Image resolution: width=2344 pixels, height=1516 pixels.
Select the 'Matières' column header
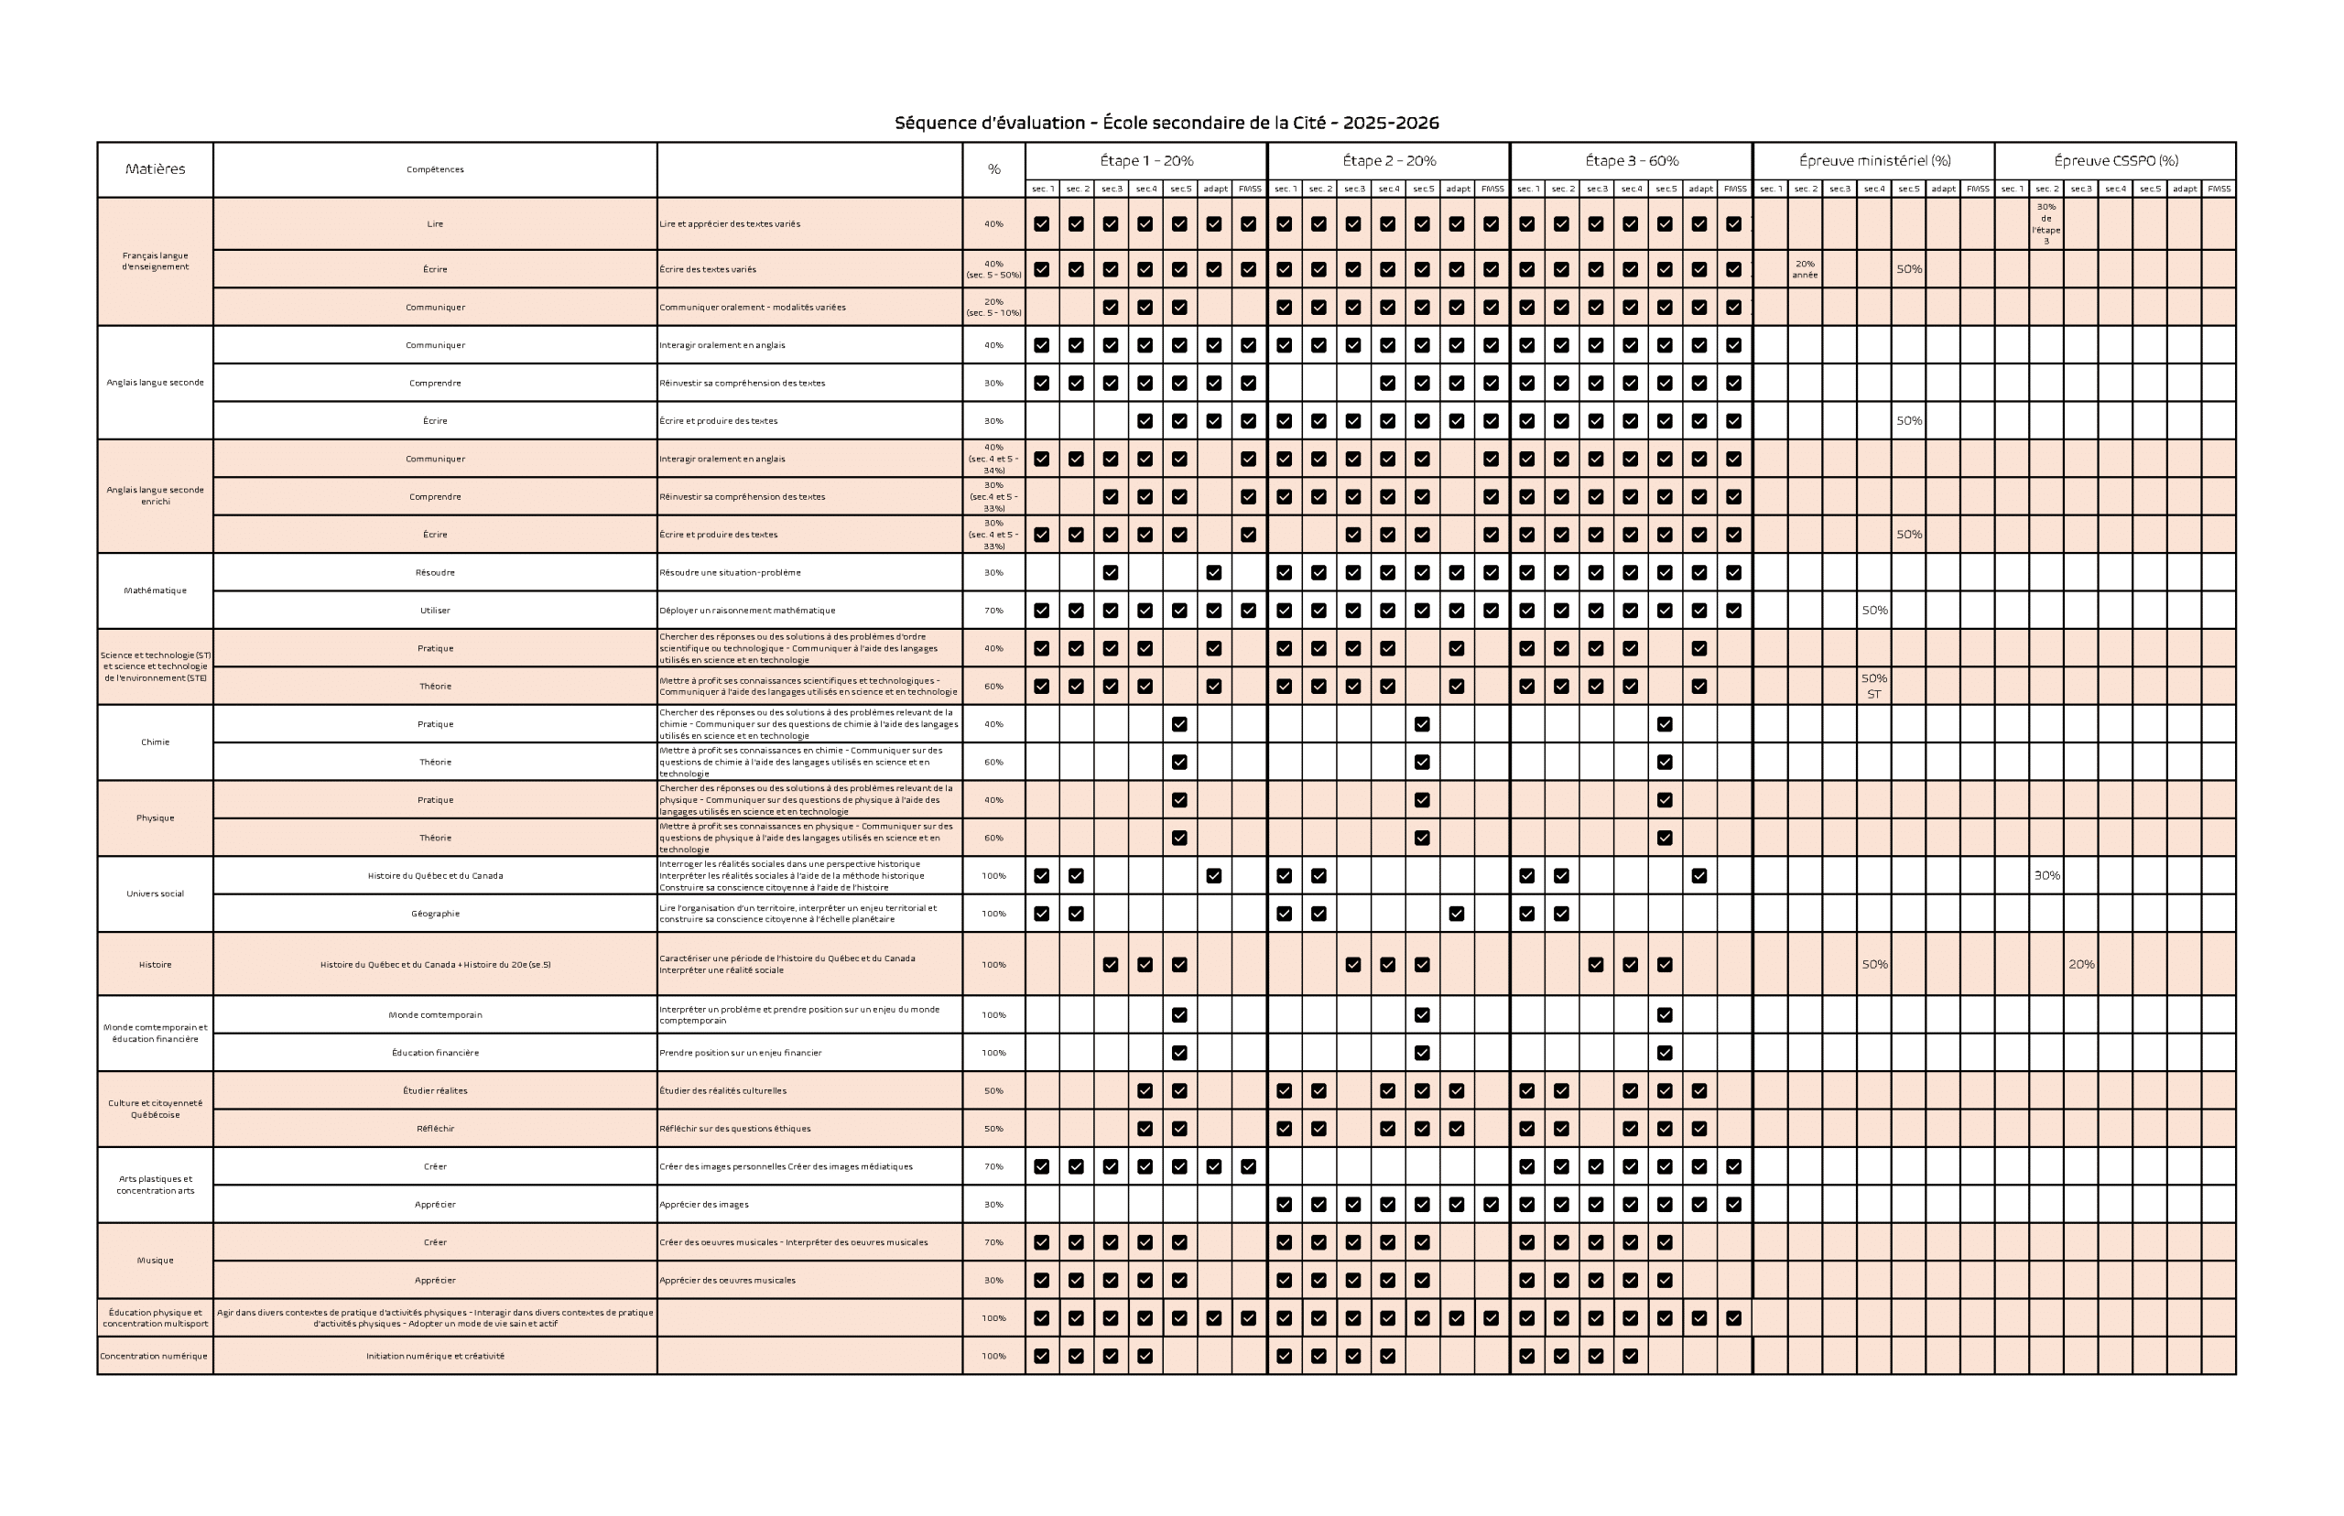(155, 169)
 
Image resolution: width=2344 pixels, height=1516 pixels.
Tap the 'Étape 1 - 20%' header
(1146, 160)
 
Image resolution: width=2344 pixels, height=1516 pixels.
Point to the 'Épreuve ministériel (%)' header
(1873, 160)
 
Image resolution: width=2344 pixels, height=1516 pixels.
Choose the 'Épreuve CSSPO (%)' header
(2114, 160)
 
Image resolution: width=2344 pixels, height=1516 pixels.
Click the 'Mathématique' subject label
(155, 590)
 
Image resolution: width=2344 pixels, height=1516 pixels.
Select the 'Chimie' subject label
(155, 742)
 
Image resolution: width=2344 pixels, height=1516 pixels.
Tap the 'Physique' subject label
(155, 818)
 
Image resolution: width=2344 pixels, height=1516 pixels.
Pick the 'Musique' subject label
(155, 1260)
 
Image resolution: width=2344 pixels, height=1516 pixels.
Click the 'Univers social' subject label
(155, 893)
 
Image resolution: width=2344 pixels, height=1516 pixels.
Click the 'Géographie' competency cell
(435, 914)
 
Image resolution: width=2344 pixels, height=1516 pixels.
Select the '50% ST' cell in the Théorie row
(1873, 687)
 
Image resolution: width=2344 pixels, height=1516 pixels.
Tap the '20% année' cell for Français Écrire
(1805, 270)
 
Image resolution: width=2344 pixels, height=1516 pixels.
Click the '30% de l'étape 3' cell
(2046, 223)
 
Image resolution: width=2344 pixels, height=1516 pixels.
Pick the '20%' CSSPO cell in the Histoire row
(2080, 965)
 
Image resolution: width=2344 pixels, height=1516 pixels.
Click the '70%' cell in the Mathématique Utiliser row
(993, 611)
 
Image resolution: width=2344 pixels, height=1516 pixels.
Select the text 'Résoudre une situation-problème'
(730, 573)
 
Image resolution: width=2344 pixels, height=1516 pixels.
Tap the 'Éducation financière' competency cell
(435, 1053)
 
